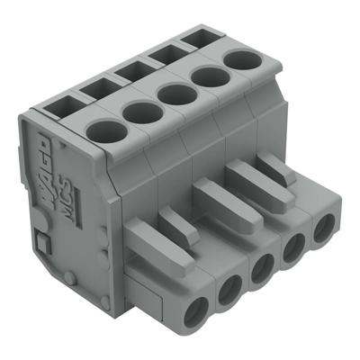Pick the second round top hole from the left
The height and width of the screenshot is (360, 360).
pos(139,112)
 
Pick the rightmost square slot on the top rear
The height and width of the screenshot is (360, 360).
pos(196,40)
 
